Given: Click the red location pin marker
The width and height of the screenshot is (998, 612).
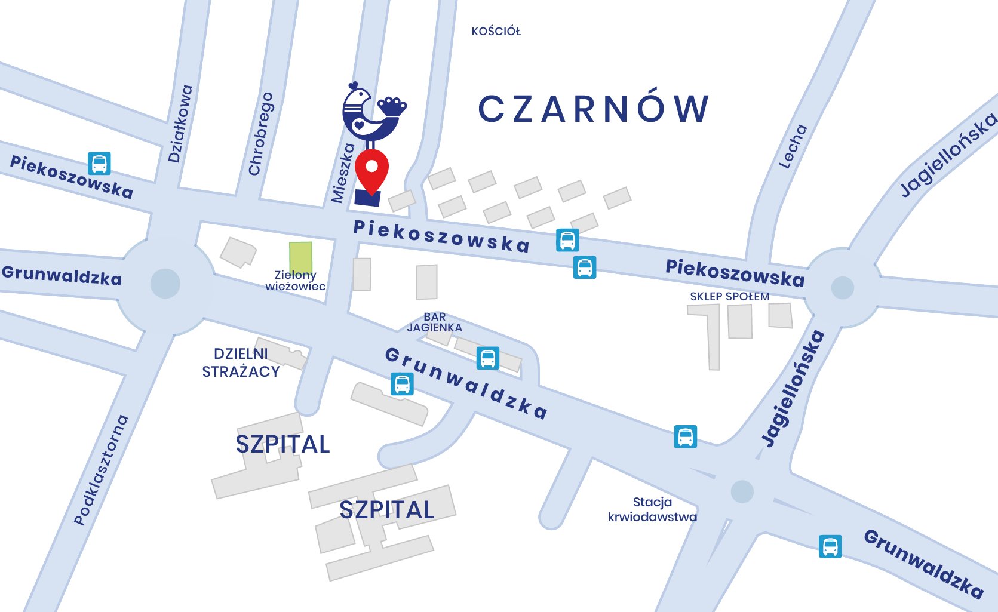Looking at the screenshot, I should click(371, 170).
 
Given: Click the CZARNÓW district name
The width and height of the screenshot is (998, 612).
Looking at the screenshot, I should click(594, 109).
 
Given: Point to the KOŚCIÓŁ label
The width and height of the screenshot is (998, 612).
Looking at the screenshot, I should click(496, 32).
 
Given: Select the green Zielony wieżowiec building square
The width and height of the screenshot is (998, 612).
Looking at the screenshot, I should click(300, 257).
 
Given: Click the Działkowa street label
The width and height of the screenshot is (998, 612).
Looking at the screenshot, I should click(180, 124).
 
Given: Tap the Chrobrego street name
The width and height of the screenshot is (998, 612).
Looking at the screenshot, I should click(260, 134).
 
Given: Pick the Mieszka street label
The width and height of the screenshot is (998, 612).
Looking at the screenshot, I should click(343, 173).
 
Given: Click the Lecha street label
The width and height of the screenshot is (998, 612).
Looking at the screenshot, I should click(793, 146).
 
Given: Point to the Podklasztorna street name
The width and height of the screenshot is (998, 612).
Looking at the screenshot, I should click(101, 470).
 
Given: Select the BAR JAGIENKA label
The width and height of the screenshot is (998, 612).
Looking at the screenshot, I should click(435, 322).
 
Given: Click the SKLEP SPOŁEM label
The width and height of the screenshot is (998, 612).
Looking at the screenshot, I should click(730, 297).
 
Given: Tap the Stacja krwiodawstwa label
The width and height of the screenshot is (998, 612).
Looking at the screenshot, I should click(652, 509).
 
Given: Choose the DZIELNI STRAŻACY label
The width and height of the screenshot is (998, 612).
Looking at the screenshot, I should click(241, 363).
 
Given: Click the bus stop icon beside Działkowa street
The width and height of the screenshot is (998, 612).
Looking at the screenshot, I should click(99, 164).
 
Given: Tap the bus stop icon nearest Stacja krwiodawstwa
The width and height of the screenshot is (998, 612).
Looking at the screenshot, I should click(686, 436).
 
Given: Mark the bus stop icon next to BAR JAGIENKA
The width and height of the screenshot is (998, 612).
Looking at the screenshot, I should click(488, 358).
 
